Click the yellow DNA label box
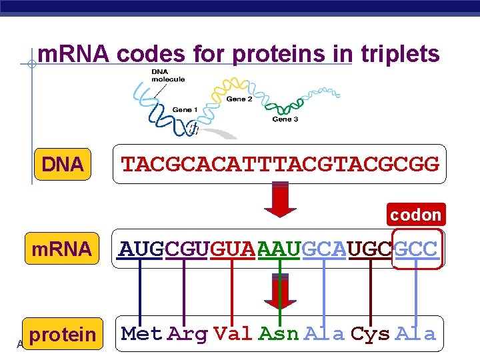click(62, 164)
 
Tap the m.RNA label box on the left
click(61, 249)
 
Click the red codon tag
click(415, 215)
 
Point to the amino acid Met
click(141, 334)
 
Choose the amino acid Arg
click(187, 334)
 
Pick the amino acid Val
click(233, 334)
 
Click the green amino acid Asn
click(279, 334)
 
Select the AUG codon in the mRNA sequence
click(141, 249)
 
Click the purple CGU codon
click(186, 249)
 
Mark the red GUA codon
click(232, 249)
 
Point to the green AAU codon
click(278, 249)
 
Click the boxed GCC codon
click(417, 249)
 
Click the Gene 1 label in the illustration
click(185, 110)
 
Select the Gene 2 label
click(239, 99)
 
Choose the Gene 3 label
click(285, 119)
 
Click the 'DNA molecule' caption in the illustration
click(167, 75)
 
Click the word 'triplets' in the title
click(400, 53)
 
